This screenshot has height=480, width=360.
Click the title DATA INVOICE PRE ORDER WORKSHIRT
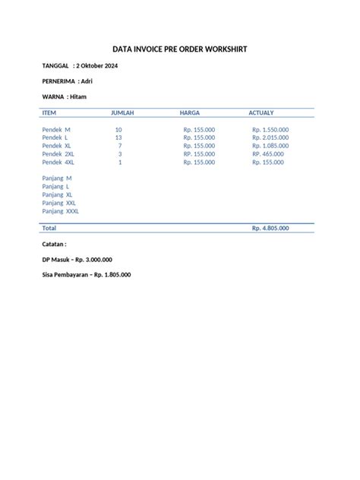pos(180,49)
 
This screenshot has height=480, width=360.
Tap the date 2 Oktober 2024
pos(97,66)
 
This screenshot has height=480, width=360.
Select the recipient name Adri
pos(87,81)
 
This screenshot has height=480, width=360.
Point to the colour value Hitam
pos(78,96)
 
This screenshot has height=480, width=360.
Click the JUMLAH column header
pos(122,113)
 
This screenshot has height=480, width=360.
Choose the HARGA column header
pos(190,113)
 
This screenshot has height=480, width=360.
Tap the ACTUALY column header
pos(262,113)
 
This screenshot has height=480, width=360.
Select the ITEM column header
pos(49,113)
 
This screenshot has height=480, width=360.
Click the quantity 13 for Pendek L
pos(118,137)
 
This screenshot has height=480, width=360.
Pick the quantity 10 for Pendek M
pos(118,130)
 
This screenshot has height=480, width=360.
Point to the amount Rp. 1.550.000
pos(270,130)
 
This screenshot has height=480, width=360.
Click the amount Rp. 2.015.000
pos(270,137)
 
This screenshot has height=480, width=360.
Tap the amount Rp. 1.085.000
pos(270,146)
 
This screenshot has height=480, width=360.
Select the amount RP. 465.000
pos(268,154)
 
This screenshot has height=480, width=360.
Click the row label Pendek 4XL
pos(58,162)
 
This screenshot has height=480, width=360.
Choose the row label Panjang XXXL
pos(61,211)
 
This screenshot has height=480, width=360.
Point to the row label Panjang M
pos(57,178)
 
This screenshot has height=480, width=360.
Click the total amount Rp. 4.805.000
pos(270,228)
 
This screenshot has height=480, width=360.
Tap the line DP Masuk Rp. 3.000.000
pos(77,260)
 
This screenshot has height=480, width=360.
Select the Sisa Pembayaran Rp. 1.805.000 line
pos(86,275)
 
